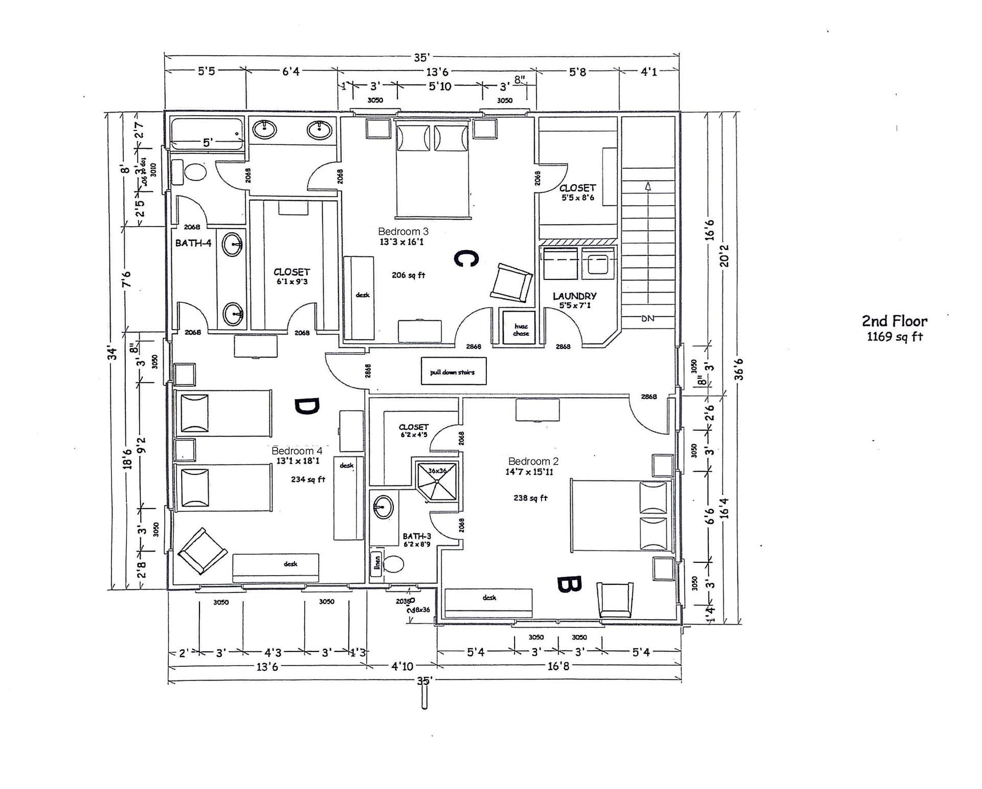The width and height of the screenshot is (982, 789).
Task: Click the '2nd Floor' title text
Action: (x=895, y=321)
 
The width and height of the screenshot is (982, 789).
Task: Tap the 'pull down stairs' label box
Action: (x=453, y=372)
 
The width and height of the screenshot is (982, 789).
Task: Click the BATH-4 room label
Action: (x=193, y=243)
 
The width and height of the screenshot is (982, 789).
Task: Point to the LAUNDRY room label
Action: (x=574, y=296)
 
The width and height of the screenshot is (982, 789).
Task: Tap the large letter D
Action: (x=306, y=407)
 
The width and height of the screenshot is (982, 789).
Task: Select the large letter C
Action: (x=466, y=259)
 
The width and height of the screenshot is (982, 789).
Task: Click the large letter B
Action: (x=569, y=584)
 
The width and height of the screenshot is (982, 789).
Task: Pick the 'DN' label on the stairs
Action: (x=648, y=318)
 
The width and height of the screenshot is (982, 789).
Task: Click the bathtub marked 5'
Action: (x=207, y=135)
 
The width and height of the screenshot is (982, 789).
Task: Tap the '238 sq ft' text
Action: (x=530, y=498)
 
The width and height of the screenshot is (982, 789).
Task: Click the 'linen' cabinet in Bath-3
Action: (x=376, y=564)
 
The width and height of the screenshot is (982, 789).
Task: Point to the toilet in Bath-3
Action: (x=394, y=564)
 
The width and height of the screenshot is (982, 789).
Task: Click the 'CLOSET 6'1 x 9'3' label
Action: (x=291, y=276)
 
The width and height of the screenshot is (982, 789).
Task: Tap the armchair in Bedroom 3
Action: (x=511, y=282)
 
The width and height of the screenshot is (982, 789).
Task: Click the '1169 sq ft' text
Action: (x=895, y=337)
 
